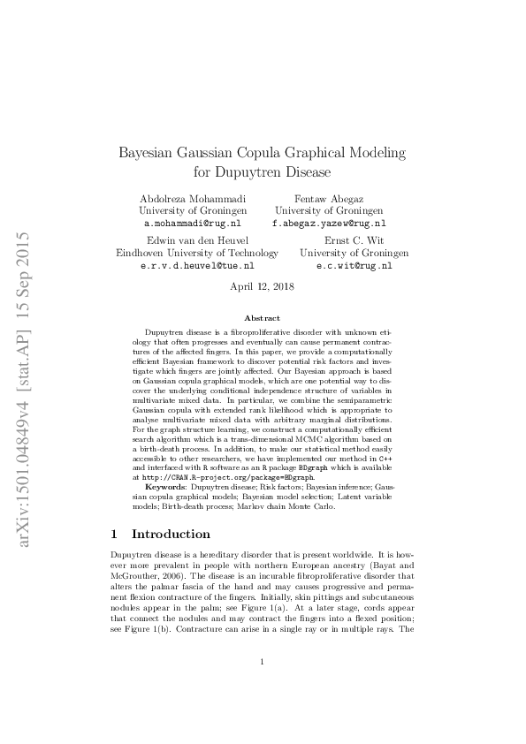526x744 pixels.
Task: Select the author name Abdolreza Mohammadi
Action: point(193,198)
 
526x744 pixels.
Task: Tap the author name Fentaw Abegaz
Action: point(328,198)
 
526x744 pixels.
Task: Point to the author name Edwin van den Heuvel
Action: point(197,239)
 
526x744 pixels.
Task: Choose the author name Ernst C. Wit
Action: point(354,239)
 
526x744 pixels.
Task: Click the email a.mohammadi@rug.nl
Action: point(192,224)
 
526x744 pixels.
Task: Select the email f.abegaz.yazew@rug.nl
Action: point(328,224)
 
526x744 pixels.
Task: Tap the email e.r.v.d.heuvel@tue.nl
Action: point(197,265)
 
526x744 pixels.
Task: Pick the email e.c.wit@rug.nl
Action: point(354,265)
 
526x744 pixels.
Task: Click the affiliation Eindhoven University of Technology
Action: point(197,253)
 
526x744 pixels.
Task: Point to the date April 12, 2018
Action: point(263,286)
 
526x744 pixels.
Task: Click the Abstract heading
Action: point(263,318)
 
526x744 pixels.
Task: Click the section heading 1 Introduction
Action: point(159,535)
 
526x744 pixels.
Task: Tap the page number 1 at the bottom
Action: point(263,687)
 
